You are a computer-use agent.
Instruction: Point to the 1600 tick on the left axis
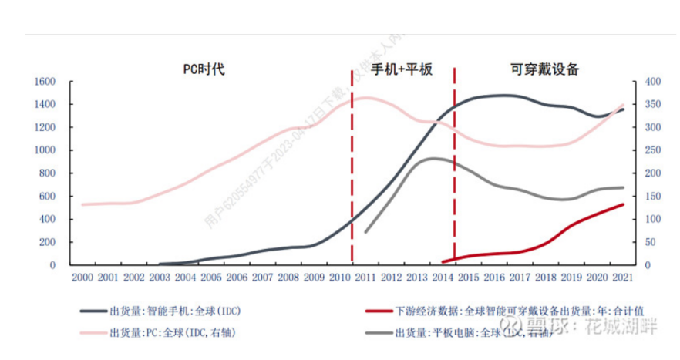44,81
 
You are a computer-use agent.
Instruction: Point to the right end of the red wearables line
623,204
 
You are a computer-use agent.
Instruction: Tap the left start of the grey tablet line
365,231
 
